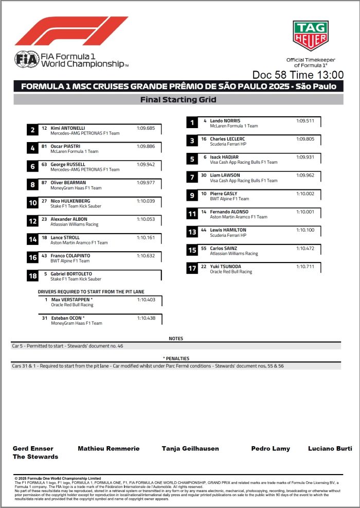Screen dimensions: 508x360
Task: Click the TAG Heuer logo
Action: point(310,36)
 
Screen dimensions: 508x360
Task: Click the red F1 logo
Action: point(71,31)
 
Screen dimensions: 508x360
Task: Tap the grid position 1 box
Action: point(192,122)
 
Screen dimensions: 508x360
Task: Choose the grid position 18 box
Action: point(32,276)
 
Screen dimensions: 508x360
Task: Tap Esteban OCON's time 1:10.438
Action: point(146,318)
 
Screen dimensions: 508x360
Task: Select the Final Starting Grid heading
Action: point(178,100)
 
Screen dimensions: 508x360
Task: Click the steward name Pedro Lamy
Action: point(271,448)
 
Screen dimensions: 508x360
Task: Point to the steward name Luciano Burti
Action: point(329,448)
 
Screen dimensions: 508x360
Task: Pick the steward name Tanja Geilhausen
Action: point(190,448)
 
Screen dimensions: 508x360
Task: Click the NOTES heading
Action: point(176,339)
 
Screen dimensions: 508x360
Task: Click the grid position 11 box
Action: point(192,214)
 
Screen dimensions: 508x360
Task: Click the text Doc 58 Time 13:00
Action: point(298,75)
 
